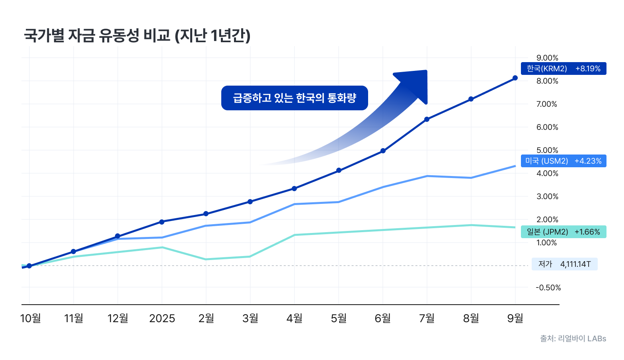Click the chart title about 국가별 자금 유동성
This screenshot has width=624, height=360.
137,35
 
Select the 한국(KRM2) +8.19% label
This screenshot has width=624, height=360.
563,68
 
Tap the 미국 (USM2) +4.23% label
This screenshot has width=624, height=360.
563,161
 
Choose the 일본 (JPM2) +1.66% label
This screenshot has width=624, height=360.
563,232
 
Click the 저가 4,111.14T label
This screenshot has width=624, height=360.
564,264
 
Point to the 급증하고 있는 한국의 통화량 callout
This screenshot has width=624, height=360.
294,98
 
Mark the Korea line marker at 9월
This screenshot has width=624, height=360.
515,78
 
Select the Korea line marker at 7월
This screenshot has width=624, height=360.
427,119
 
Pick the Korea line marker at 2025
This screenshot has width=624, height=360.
162,222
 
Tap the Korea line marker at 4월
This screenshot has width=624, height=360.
294,188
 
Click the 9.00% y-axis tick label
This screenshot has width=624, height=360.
547,58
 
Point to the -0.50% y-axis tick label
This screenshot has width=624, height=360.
548,288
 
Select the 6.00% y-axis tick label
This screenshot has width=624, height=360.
547,127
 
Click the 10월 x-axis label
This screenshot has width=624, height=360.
30,318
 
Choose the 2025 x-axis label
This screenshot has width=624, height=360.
162,318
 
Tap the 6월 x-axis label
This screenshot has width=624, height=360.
383,318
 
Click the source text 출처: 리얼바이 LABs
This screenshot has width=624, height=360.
573,338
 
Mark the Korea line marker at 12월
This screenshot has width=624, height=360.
117,236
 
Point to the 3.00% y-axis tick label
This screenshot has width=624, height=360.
547,196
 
